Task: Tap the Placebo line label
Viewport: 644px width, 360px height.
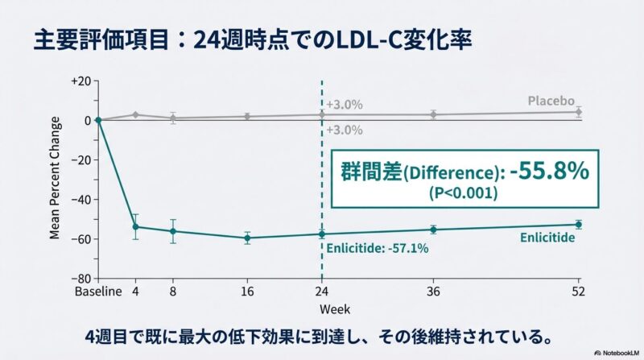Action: (x=551, y=101)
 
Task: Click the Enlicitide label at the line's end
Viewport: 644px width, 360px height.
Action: (x=547, y=238)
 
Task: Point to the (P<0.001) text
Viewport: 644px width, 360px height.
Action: (x=463, y=194)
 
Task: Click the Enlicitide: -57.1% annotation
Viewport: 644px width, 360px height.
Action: (x=377, y=248)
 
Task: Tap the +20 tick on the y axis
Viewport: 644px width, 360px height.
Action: (x=81, y=81)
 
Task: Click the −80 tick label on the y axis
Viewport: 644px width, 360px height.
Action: (x=81, y=279)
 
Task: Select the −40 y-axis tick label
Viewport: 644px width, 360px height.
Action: (x=81, y=199)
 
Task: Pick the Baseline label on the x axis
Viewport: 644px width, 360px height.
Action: (x=97, y=291)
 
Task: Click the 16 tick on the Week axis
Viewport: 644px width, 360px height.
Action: (x=247, y=291)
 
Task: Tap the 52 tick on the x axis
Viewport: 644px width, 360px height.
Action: (x=577, y=291)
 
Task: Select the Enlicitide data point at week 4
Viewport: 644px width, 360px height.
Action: (x=135, y=226)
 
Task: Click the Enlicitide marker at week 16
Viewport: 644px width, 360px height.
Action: (x=247, y=238)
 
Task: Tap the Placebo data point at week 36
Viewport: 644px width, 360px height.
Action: (x=434, y=114)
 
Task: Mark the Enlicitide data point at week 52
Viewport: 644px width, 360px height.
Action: (x=578, y=225)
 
